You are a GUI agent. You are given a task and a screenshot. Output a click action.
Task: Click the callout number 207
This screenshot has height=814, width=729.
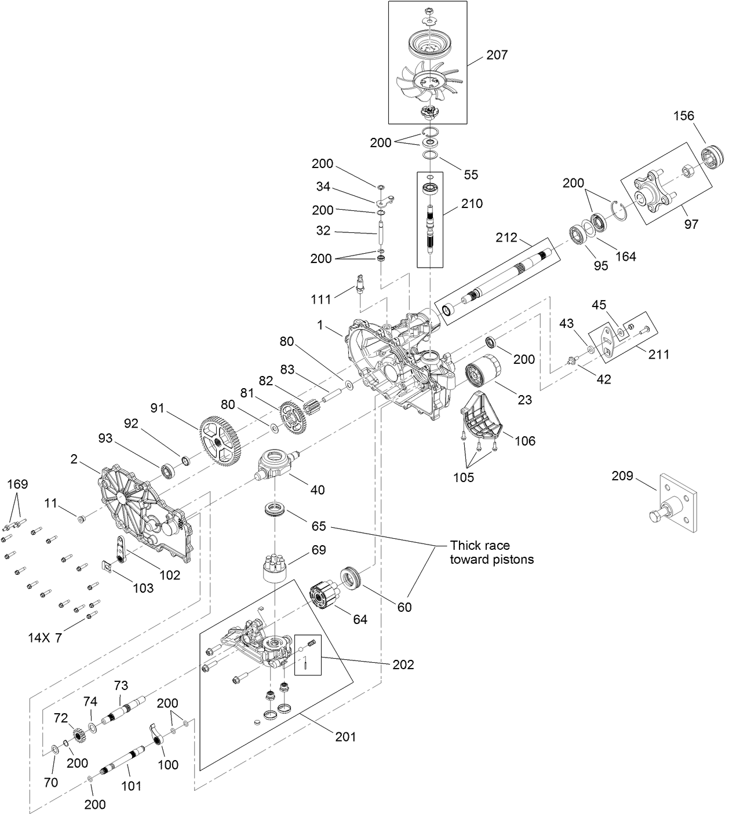coord(497,55)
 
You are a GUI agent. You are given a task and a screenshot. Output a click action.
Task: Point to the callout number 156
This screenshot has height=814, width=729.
coord(683,116)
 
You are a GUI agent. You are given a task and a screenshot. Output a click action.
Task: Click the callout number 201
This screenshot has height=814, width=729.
coord(345,736)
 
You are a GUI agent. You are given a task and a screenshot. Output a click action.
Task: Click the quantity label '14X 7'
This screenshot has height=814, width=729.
coord(45,638)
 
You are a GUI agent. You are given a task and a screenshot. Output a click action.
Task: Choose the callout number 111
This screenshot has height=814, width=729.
coord(320,299)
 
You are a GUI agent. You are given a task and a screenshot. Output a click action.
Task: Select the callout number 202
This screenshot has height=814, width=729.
coord(403,665)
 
